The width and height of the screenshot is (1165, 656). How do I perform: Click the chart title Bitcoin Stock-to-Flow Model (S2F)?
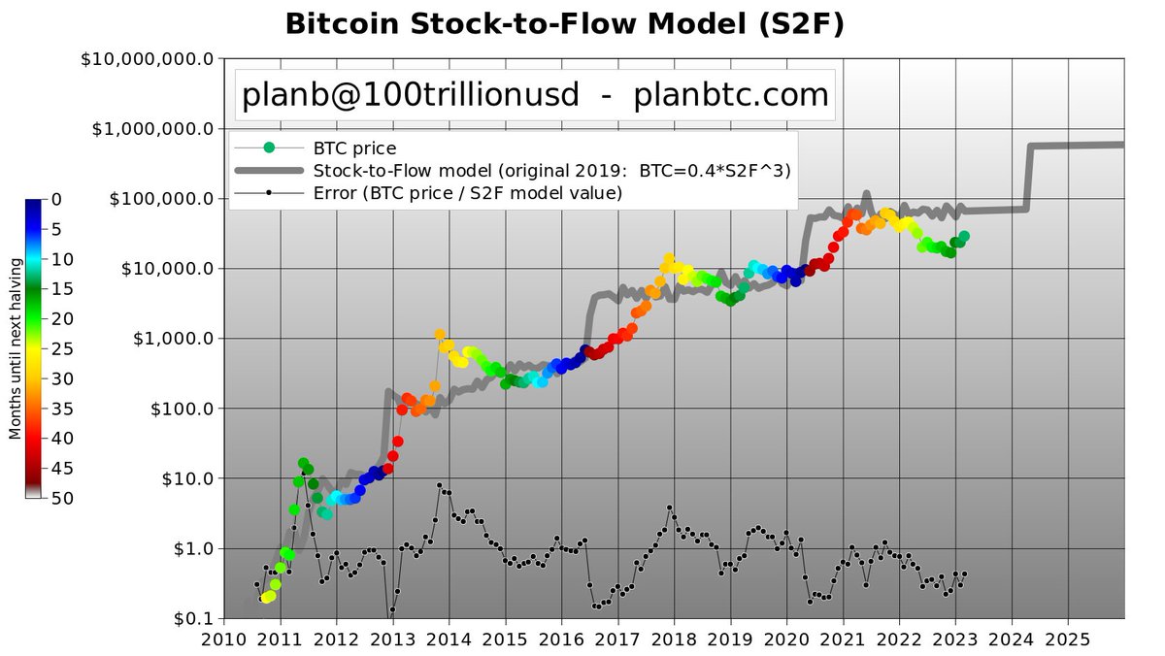click(x=564, y=24)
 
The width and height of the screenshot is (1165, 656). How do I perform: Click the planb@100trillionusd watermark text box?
click(x=535, y=94)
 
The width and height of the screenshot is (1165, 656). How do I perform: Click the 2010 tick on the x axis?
click(x=224, y=640)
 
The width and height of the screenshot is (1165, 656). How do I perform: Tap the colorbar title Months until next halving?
click(x=15, y=348)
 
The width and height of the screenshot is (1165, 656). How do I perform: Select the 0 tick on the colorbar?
click(x=55, y=199)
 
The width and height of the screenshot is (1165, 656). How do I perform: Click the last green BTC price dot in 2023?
click(x=963, y=236)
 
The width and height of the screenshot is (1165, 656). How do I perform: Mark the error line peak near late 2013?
click(x=440, y=485)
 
